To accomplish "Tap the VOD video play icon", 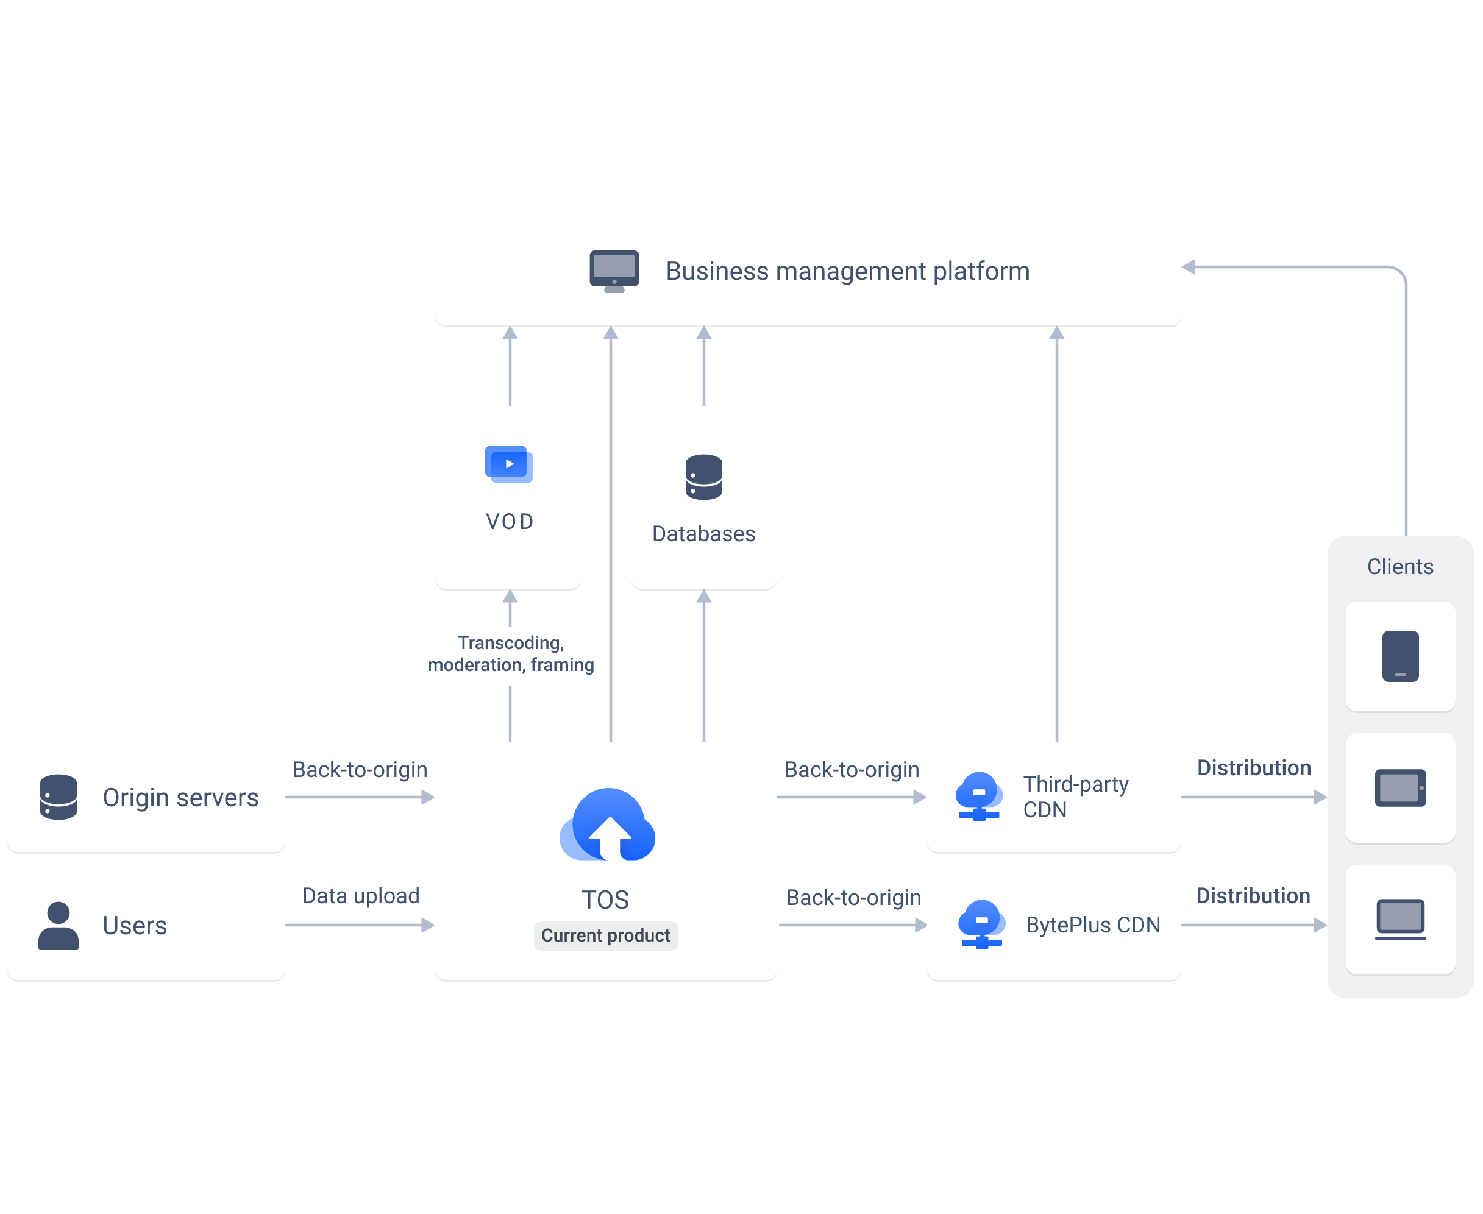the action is pyautogui.click(x=508, y=464).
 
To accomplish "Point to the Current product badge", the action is pyautogui.click(x=606, y=935).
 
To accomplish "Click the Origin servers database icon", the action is pyautogui.click(x=58, y=797).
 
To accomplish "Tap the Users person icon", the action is pyautogui.click(x=58, y=925).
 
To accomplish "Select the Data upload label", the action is pyautogui.click(x=361, y=896).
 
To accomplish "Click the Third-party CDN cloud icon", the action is pyautogui.click(x=979, y=796).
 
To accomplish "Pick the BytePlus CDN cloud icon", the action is pyautogui.click(x=981, y=924).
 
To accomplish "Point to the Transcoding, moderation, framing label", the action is pyautogui.click(x=511, y=654).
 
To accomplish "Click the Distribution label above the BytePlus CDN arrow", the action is pyautogui.click(x=1253, y=896).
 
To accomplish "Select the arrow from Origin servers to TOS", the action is pyautogui.click(x=360, y=797).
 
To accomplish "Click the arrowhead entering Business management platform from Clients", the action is pyautogui.click(x=1188, y=267).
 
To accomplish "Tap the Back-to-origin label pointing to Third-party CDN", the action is pyautogui.click(x=852, y=769).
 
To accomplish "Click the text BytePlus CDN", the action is pyautogui.click(x=1093, y=925).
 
